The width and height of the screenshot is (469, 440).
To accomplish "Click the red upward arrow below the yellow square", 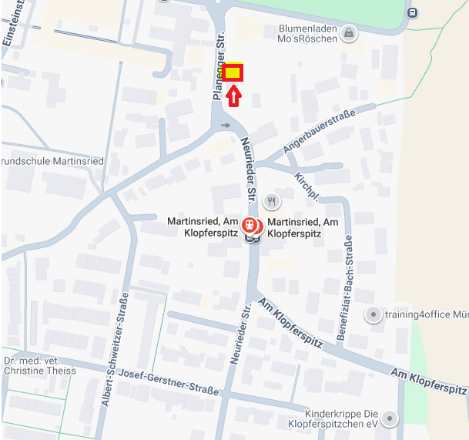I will (x=234, y=95).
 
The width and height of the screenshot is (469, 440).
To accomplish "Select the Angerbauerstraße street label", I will (x=318, y=132).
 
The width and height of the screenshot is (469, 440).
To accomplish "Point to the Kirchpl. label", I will (x=305, y=187).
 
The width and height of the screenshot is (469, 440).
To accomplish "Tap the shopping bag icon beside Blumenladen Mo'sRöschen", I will (x=350, y=33).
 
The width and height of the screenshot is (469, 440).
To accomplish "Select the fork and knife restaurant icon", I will (x=271, y=202).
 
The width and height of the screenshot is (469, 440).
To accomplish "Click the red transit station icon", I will (x=250, y=225).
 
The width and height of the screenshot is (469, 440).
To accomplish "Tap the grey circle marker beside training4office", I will (x=374, y=314).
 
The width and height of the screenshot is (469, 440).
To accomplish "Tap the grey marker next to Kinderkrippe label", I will (x=390, y=418).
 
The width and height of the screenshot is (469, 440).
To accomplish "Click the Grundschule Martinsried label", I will (x=43, y=163).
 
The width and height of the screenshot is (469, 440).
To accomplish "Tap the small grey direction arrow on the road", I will (x=226, y=125).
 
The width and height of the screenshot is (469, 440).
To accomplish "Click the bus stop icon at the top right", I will (x=413, y=12).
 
